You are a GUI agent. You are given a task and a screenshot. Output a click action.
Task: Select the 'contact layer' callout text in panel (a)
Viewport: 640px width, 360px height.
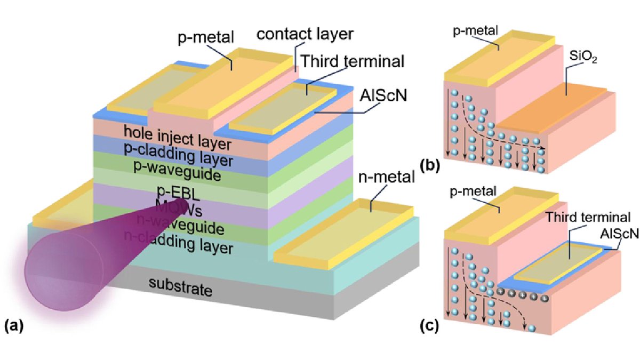point(305,35)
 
